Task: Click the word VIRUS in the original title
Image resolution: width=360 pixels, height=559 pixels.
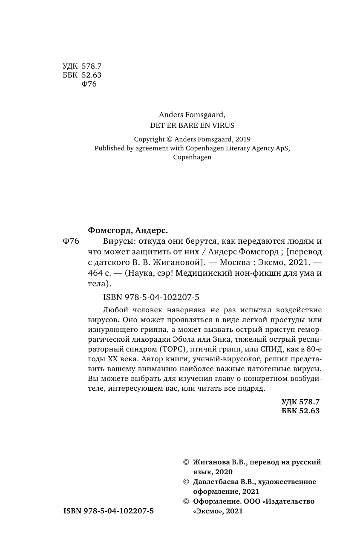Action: coord(222,125)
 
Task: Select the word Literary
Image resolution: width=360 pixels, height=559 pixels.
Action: coord(236,148)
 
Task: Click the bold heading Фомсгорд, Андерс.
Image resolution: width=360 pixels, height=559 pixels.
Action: coord(127,231)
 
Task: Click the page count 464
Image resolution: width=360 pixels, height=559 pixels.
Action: coord(95,273)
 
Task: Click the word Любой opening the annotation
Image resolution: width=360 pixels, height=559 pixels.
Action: coord(115,309)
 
